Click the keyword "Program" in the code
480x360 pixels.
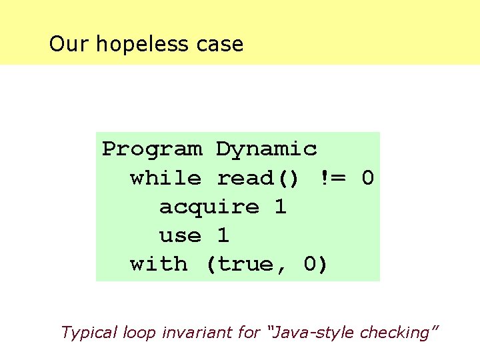click(x=152, y=149)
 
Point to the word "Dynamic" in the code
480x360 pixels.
click(x=267, y=149)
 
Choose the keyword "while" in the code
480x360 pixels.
click(x=165, y=178)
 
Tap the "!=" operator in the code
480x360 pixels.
click(x=332, y=178)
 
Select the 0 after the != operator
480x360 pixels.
click(x=367, y=178)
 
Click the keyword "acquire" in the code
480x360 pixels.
click(x=209, y=207)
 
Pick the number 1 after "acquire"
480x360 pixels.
click(x=281, y=207)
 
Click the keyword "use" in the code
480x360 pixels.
click(x=180, y=235)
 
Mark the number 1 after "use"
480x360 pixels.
click(x=223, y=235)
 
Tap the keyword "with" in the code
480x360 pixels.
click(x=159, y=264)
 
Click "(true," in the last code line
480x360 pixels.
click(x=246, y=264)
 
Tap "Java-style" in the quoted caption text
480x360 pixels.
click(x=296, y=332)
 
